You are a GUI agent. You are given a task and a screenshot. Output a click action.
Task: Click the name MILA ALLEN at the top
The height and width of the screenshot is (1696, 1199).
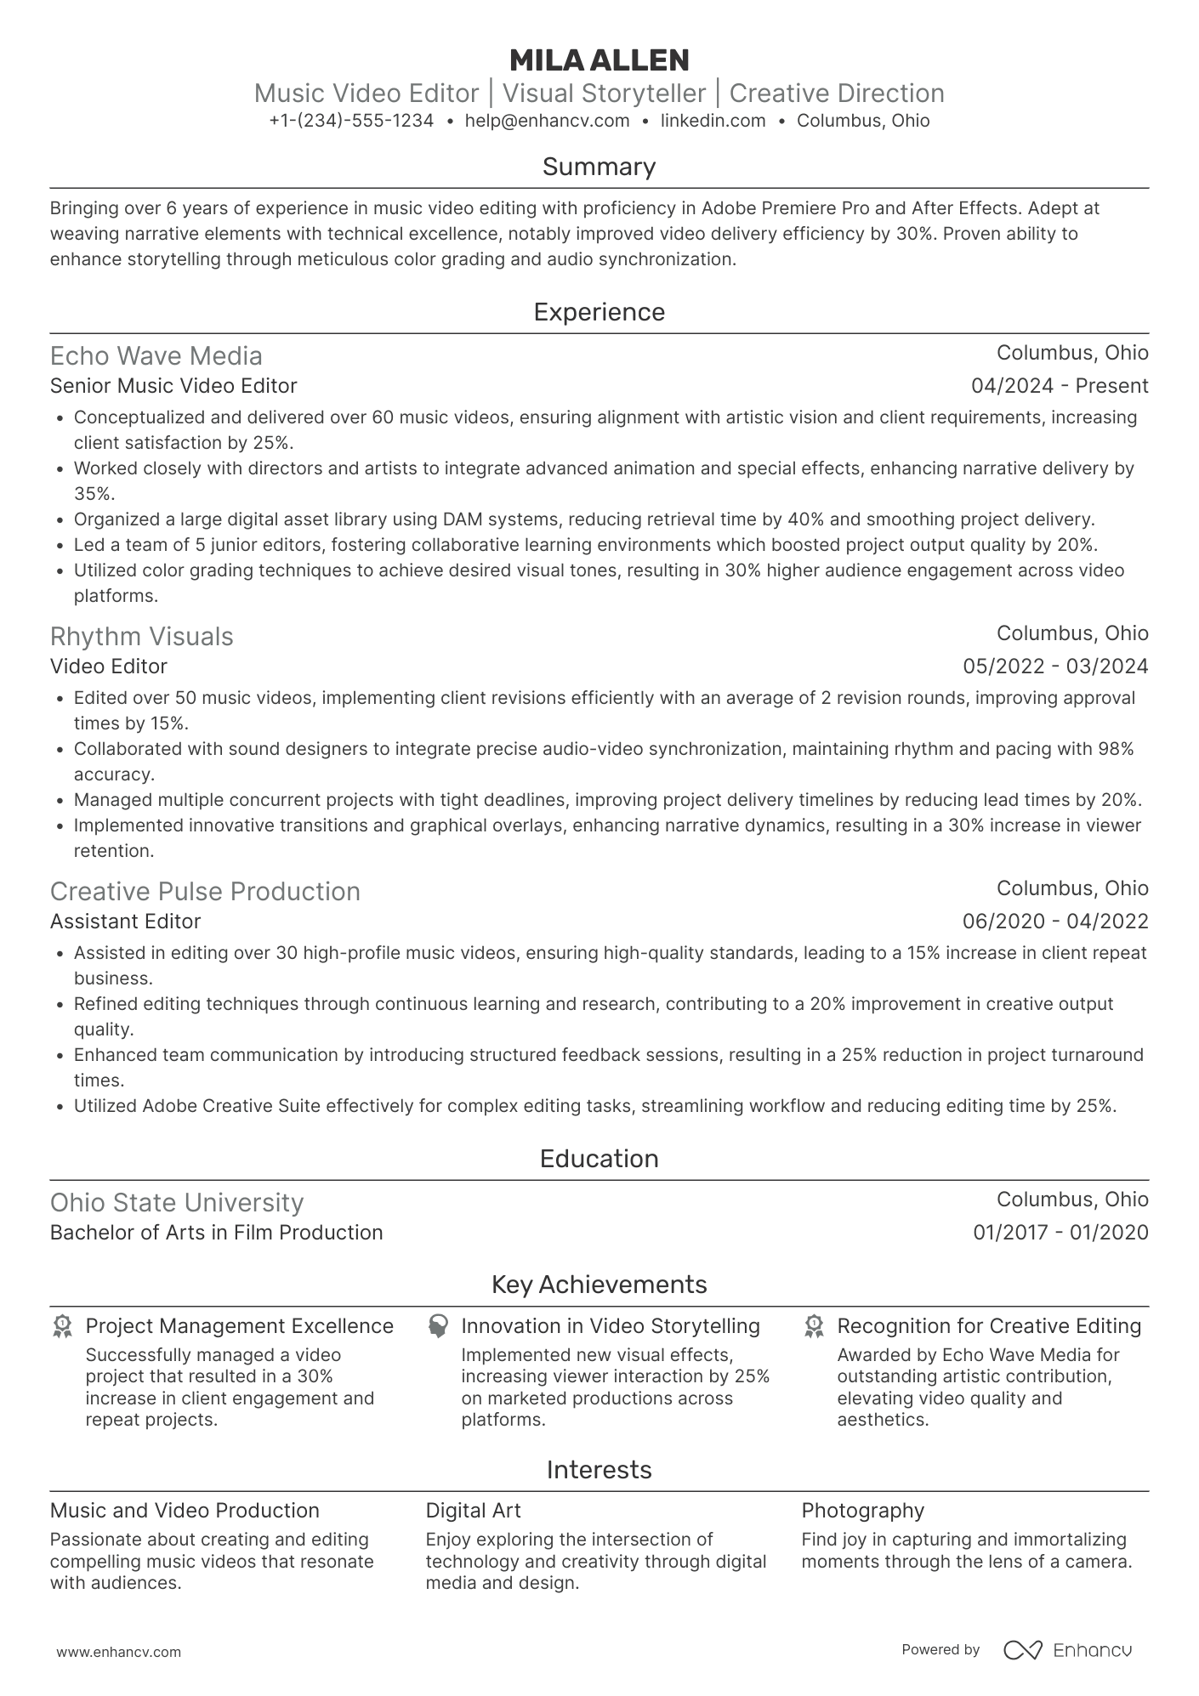pyautogui.click(x=599, y=60)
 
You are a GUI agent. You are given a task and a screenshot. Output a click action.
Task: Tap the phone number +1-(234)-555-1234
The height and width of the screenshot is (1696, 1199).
pyautogui.click(x=351, y=121)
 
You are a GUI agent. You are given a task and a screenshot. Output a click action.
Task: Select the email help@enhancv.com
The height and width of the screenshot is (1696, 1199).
pyautogui.click(x=547, y=121)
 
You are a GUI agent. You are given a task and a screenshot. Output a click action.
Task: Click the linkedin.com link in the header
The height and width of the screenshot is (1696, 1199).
pyautogui.click(x=713, y=121)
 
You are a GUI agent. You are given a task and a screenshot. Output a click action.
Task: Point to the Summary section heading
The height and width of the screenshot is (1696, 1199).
pyautogui.click(x=599, y=167)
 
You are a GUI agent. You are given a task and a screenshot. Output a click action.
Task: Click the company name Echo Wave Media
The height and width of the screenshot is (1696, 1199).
pyautogui.click(x=156, y=355)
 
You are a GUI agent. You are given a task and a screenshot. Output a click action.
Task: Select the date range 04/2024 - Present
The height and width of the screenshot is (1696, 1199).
pyautogui.click(x=1060, y=386)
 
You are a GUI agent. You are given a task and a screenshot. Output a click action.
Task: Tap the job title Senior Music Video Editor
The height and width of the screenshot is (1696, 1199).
pyautogui.click(x=173, y=386)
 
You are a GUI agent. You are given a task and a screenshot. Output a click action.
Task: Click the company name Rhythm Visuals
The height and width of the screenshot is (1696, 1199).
pyautogui.click(x=141, y=636)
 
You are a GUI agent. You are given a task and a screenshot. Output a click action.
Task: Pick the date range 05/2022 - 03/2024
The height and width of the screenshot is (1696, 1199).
pyautogui.click(x=1055, y=666)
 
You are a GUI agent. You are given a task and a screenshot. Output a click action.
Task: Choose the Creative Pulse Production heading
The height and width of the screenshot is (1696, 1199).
pyautogui.click(x=205, y=891)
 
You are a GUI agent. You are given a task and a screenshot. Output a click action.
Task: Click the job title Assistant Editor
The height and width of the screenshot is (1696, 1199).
pyautogui.click(x=125, y=922)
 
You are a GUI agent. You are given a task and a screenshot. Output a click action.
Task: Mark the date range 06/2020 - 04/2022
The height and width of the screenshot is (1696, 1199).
pyautogui.click(x=1055, y=922)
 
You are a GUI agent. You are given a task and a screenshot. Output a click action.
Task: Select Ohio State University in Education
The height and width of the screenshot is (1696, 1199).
pyautogui.click(x=176, y=1202)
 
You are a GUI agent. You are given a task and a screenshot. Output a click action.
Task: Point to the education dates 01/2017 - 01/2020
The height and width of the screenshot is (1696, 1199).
pyautogui.click(x=1060, y=1233)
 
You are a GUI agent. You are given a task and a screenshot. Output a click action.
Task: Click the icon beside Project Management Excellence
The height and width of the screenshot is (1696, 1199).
pyautogui.click(x=62, y=1327)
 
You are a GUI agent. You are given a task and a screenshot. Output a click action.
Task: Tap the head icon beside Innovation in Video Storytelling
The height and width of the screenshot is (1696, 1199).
pyautogui.click(x=438, y=1327)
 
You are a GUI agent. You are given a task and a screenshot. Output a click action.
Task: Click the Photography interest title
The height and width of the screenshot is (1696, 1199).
pyautogui.click(x=862, y=1511)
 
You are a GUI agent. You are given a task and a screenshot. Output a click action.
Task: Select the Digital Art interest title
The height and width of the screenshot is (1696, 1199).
pyautogui.click(x=473, y=1511)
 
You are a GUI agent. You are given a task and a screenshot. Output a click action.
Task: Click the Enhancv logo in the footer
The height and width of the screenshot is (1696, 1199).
pyautogui.click(x=1068, y=1650)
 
